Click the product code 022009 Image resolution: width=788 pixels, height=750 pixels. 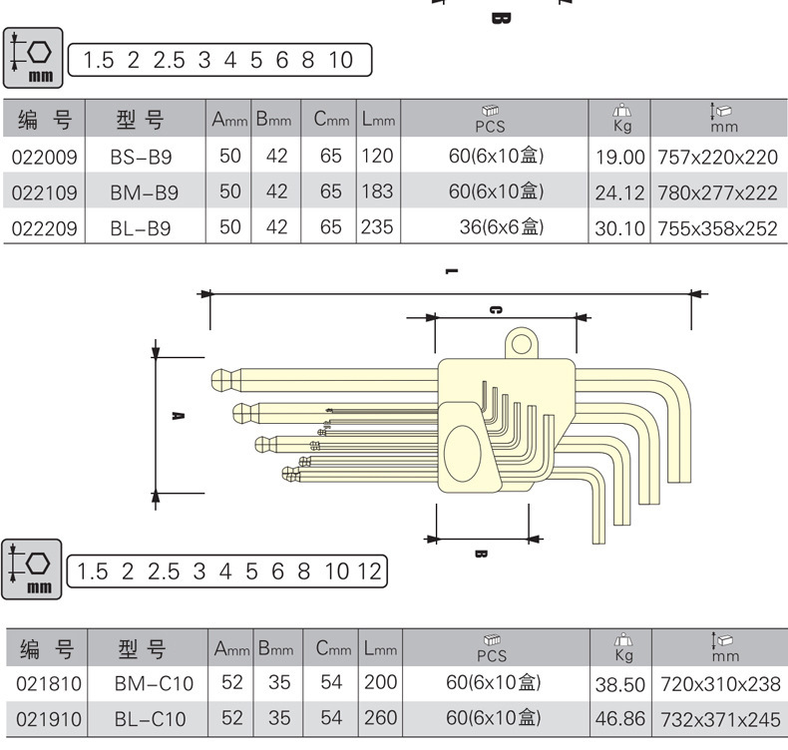[45, 156]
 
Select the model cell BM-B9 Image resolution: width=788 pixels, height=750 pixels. [145, 191]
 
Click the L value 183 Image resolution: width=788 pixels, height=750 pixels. [377, 190]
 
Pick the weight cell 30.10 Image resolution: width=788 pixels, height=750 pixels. [620, 228]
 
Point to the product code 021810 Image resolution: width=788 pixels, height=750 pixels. [47, 684]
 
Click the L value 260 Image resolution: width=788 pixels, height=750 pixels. [378, 717]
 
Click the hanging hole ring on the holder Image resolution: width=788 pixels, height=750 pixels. [522, 344]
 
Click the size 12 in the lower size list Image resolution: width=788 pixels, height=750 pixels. [369, 571]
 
